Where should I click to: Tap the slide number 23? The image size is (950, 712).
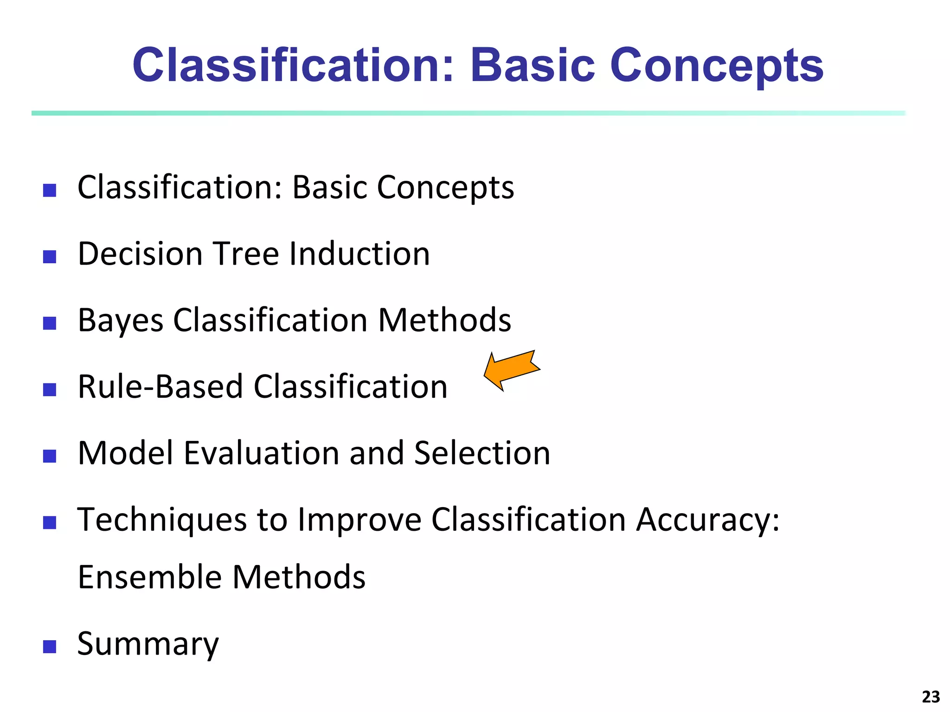[931, 697]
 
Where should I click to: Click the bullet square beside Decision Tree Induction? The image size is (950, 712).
[50, 256]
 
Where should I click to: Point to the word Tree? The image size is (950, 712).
[246, 254]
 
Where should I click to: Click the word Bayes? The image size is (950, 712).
[121, 321]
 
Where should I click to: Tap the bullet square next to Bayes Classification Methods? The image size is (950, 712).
[50, 323]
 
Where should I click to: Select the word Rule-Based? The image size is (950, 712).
[160, 387]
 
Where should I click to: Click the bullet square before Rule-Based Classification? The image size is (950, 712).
[50, 389]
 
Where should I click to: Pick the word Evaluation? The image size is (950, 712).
[261, 453]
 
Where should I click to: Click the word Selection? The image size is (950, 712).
[482, 453]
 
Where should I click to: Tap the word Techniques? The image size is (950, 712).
[162, 520]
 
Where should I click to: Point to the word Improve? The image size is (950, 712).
[359, 520]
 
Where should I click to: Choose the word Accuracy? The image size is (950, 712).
[707, 520]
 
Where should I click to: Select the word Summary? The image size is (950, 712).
[148, 645]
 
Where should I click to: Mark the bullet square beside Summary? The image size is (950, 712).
[50, 647]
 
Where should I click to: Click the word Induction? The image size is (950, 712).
[359, 254]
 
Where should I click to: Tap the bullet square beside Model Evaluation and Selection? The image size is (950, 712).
[50, 456]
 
